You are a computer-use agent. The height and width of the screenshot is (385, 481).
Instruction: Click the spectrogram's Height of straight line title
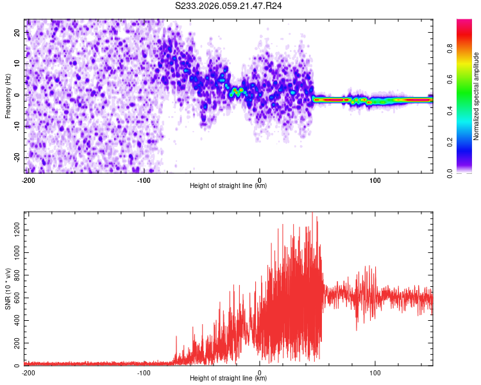click(x=228, y=186)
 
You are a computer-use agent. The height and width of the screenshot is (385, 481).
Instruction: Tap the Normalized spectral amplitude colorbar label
click(x=476, y=96)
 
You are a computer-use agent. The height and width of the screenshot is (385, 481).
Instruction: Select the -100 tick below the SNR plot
click(x=144, y=373)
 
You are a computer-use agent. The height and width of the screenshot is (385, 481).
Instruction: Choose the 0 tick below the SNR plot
click(x=259, y=373)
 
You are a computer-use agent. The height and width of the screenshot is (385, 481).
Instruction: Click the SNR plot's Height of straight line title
click(x=228, y=379)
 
